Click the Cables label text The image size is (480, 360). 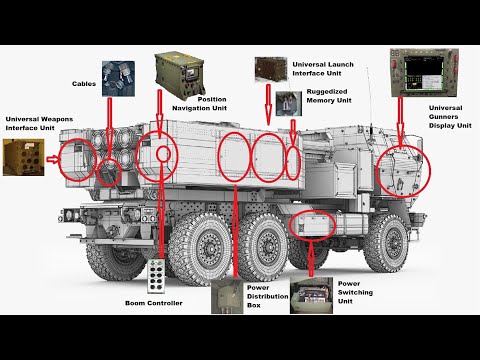84,84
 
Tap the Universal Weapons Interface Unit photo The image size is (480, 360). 24,157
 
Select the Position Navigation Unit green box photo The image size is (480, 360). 179,76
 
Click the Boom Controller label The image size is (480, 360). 154,303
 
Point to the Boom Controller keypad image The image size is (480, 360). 156,276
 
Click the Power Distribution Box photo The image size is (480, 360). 228,296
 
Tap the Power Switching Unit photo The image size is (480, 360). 311,295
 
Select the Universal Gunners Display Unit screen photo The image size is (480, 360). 424,73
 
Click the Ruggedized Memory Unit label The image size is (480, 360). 329,96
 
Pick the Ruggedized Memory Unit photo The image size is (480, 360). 289,103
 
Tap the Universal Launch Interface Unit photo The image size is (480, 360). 271,69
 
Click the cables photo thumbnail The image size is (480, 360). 118,79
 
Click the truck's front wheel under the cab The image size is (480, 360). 388,241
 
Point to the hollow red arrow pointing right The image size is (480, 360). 53,160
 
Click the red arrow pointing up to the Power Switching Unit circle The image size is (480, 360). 311,259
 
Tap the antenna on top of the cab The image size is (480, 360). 369,100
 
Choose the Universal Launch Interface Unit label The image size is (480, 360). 323,69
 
